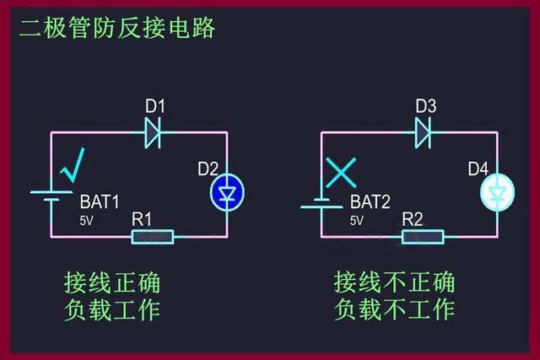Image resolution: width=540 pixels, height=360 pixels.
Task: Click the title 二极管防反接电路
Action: tap(118, 27)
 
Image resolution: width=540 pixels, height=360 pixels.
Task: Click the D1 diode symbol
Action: tap(153, 131)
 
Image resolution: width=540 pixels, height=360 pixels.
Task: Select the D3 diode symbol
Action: tap(424, 131)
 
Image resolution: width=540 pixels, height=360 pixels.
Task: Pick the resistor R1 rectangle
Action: tap(153, 236)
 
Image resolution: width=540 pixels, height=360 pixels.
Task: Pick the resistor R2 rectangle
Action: tap(424, 236)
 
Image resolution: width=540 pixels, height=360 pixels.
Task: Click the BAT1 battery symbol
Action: tap(51, 196)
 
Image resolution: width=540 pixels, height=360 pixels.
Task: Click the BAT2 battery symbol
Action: tap(321, 202)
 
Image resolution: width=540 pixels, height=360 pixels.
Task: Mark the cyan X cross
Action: tap(342, 173)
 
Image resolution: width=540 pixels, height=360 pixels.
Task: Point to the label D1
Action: tap(154, 107)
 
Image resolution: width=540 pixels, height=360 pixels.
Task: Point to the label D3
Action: tap(426, 107)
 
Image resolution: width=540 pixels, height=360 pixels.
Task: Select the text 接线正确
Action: tap(112, 282)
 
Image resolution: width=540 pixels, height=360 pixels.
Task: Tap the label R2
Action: tap(413, 218)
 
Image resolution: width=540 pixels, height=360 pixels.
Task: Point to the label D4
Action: tap(478, 169)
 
